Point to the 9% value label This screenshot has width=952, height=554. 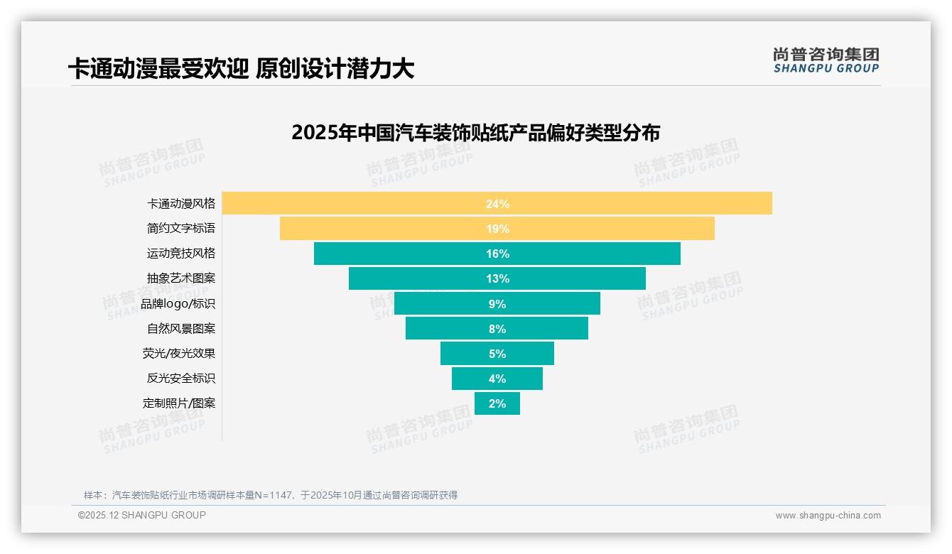(x=497, y=304)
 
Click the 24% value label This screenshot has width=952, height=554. (x=497, y=204)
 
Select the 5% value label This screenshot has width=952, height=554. (x=497, y=354)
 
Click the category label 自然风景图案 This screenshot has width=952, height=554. (x=180, y=329)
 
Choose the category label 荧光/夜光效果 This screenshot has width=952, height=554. (x=179, y=353)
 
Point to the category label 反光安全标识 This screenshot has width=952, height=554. (x=180, y=378)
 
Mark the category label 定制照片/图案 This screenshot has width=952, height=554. (x=179, y=403)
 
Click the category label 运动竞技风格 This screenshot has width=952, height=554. (x=180, y=253)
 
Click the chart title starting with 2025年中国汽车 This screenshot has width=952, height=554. (x=475, y=133)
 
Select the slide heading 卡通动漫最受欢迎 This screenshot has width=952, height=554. (x=241, y=69)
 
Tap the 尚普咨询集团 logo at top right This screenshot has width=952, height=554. (x=826, y=60)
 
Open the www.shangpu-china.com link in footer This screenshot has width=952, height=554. (x=828, y=516)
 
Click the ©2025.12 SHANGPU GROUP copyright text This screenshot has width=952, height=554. (x=142, y=515)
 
